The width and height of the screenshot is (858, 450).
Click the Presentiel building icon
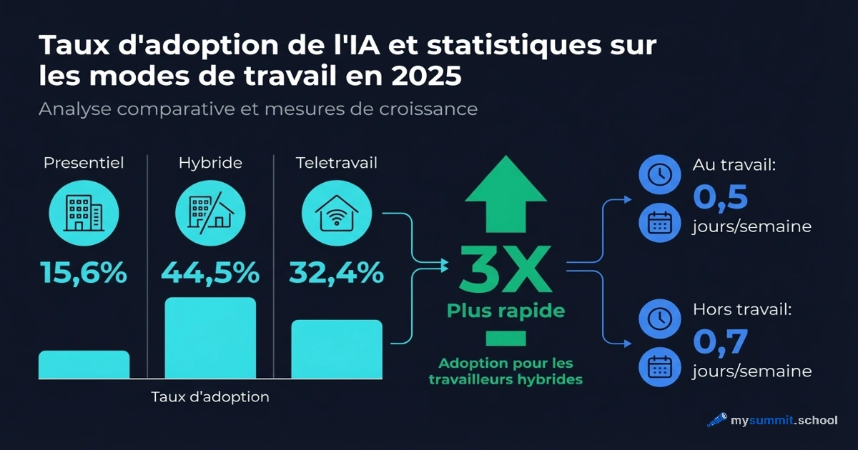(x=84, y=211)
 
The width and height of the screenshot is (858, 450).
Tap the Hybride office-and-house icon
(x=210, y=211)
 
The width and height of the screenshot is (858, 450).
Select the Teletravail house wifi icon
(x=337, y=211)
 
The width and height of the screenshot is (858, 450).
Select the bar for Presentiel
(x=84, y=364)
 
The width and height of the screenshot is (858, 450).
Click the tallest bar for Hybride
(x=210, y=338)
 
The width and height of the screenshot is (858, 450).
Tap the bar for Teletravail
(x=337, y=349)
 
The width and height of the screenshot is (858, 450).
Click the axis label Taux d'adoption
(x=210, y=397)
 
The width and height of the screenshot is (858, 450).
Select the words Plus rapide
(x=506, y=311)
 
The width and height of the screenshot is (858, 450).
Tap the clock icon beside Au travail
(x=658, y=174)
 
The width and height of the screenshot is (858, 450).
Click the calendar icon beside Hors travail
(x=658, y=367)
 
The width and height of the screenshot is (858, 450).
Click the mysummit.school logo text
(x=783, y=420)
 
